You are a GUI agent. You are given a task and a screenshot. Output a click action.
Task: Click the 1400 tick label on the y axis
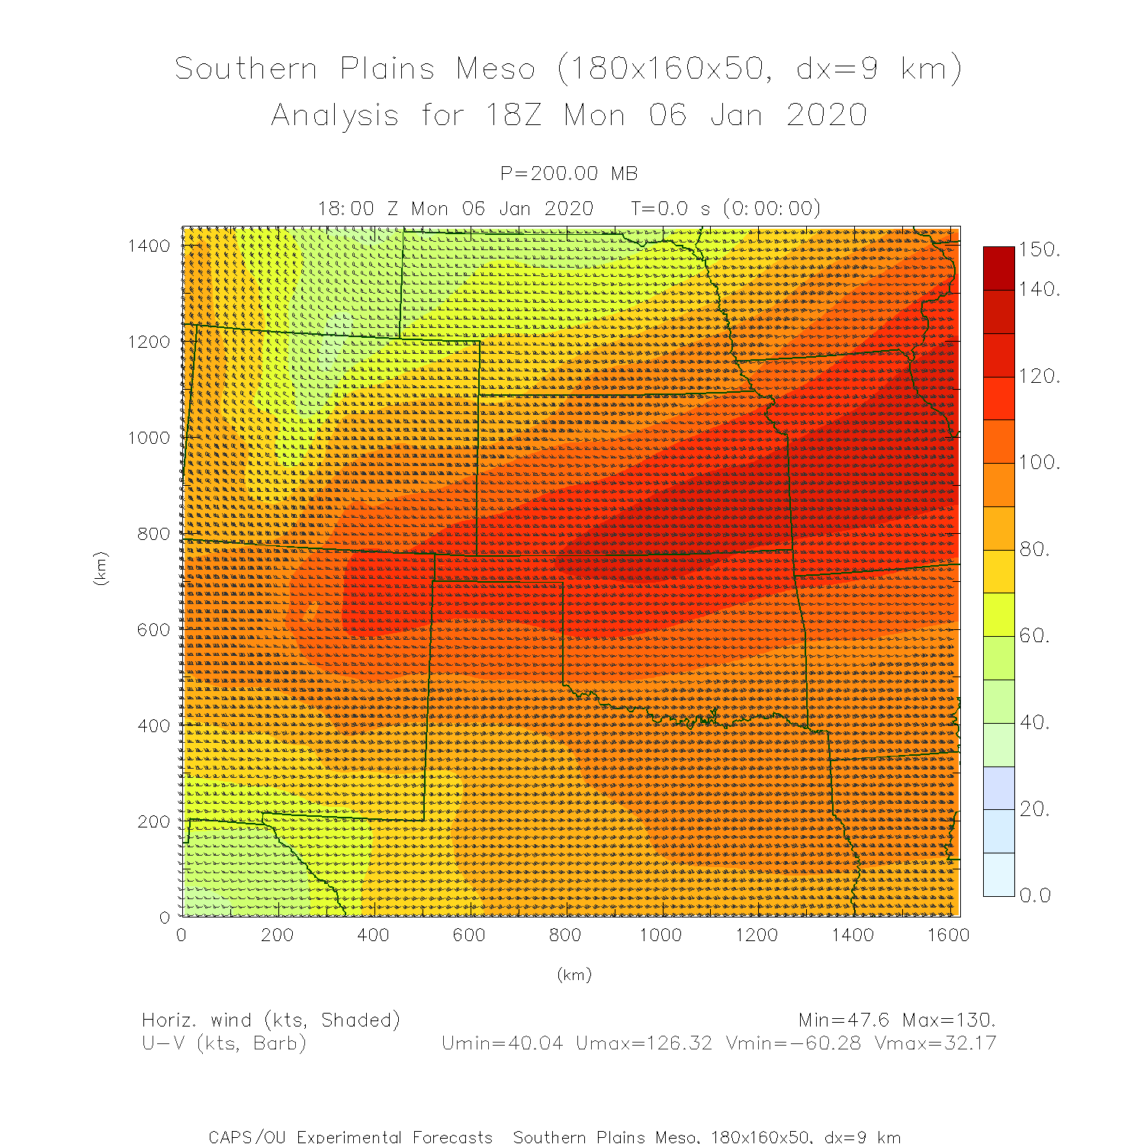(x=149, y=246)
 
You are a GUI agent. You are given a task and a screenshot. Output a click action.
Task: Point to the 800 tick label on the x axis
(x=564, y=935)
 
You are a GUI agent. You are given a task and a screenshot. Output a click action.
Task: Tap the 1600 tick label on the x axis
(x=948, y=935)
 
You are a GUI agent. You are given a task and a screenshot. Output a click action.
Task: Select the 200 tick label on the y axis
(x=153, y=822)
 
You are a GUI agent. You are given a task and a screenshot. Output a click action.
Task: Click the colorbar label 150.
(x=1040, y=250)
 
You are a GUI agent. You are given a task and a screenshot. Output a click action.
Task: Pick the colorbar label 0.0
(x=1036, y=895)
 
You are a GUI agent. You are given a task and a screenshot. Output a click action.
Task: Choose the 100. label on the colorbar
(x=1040, y=463)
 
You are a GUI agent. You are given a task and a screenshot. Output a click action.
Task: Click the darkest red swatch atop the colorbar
(x=999, y=268)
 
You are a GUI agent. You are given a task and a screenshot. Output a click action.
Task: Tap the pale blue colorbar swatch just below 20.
(x=999, y=831)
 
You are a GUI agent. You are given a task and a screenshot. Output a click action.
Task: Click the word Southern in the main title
(x=246, y=69)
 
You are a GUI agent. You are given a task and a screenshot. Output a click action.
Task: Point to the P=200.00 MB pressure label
(x=569, y=174)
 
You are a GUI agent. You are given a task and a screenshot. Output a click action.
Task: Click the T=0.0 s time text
(x=673, y=208)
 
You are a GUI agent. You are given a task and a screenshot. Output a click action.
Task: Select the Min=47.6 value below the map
(x=844, y=1020)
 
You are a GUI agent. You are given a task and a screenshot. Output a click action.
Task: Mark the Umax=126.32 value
(x=644, y=1043)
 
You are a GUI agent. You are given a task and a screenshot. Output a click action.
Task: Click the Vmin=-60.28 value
(x=793, y=1043)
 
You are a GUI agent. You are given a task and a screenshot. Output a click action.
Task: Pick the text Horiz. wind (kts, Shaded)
(x=271, y=1020)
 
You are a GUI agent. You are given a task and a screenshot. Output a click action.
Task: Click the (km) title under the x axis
(x=574, y=975)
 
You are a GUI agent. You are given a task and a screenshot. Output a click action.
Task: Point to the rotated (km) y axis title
(x=101, y=569)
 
